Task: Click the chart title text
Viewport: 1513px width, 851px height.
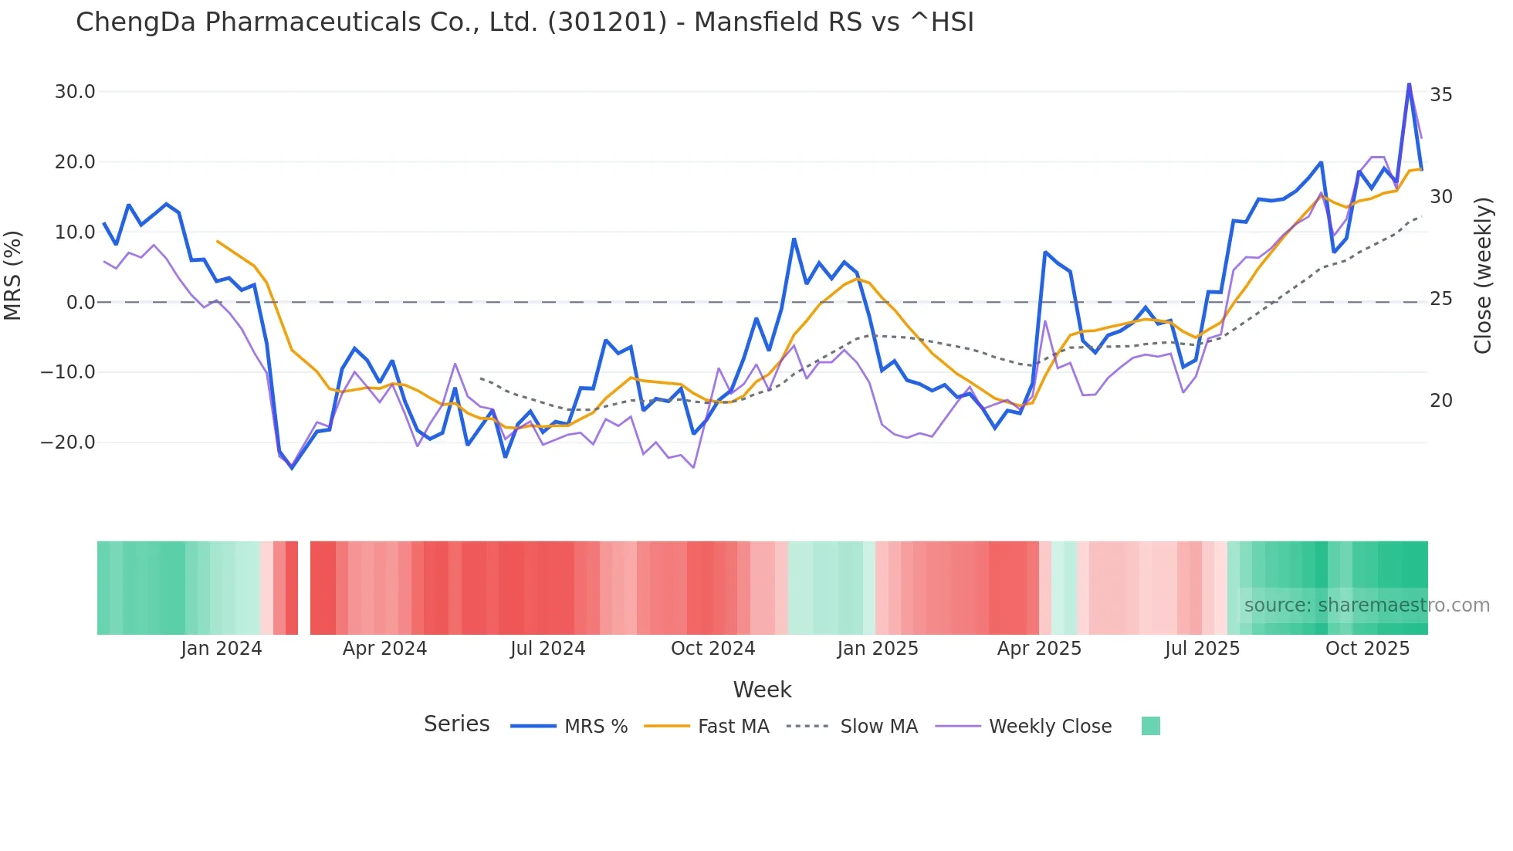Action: click(x=525, y=22)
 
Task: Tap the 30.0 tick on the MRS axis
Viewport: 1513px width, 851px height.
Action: click(x=75, y=92)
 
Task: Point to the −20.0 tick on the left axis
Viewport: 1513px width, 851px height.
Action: click(x=69, y=442)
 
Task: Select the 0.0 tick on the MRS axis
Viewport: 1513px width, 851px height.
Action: click(x=81, y=302)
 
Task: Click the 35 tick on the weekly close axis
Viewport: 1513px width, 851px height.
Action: click(x=1441, y=95)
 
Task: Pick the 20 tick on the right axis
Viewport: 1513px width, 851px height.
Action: click(x=1441, y=401)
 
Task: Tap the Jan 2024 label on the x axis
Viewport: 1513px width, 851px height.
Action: click(x=222, y=649)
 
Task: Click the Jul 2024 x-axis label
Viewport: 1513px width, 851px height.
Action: click(x=548, y=649)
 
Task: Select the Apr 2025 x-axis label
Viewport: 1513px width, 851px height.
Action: click(x=1039, y=649)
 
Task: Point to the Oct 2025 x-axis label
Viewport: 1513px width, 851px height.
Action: click(x=1367, y=649)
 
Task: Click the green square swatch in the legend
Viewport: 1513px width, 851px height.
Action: click(x=1150, y=726)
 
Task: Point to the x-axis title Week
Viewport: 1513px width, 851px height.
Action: click(x=762, y=690)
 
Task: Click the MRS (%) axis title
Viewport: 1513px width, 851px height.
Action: click(x=13, y=275)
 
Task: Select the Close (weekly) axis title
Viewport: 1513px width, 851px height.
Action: click(x=1483, y=275)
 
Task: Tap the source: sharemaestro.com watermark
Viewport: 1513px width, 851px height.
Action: click(x=1366, y=605)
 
